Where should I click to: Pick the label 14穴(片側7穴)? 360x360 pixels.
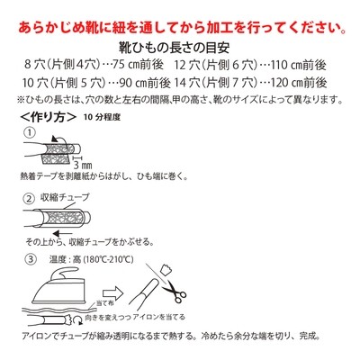(231, 84)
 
